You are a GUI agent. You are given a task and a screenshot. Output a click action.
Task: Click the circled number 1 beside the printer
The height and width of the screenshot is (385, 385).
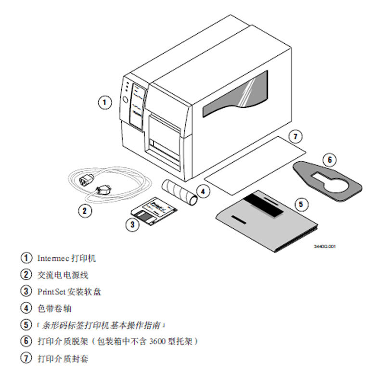pos(105,102)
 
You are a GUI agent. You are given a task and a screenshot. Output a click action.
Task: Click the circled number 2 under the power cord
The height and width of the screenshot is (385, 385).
pos(85,210)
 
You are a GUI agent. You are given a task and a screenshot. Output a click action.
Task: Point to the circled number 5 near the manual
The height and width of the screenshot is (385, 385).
pos(301,204)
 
